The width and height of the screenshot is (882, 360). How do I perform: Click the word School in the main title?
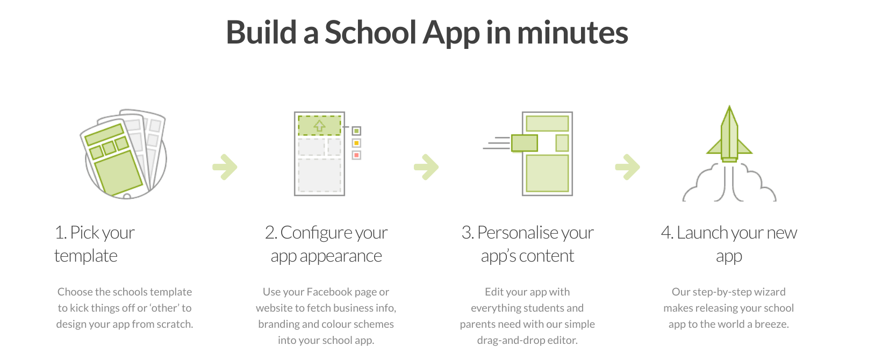coord(370,33)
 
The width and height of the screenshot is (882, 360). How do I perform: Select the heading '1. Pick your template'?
coord(94,244)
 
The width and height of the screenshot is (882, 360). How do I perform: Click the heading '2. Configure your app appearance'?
coord(326,244)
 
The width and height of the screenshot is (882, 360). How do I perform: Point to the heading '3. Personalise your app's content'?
coord(527,244)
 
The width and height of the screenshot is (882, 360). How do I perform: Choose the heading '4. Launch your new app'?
coord(729,244)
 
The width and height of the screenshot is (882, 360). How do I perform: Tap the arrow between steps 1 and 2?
coord(225,167)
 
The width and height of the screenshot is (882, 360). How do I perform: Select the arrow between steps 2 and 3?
coord(426,167)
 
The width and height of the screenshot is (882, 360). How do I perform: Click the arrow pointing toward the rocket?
coord(628,167)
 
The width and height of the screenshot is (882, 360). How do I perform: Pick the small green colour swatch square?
coord(356,131)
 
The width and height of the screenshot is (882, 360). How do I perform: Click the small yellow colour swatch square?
coord(356,143)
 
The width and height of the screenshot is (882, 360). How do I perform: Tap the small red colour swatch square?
coord(356,155)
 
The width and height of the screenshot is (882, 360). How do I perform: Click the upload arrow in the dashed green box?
coord(319,126)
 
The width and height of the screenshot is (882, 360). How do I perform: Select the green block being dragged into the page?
coord(524,143)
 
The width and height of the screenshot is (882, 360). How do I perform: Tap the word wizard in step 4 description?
coord(769,292)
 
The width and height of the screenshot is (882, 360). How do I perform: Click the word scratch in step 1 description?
coord(174,324)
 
